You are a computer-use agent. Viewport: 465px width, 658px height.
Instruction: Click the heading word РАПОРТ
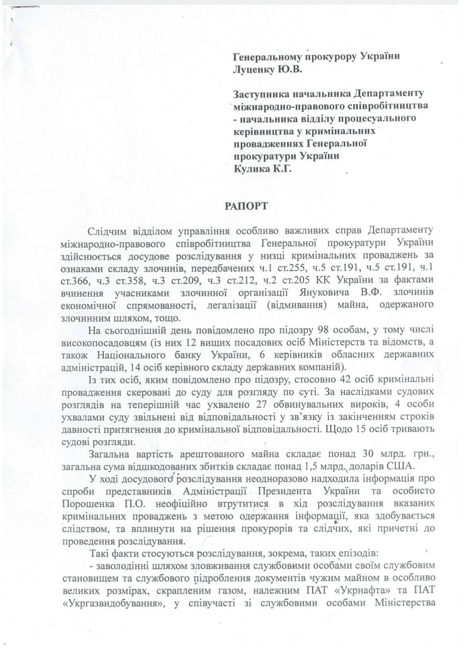[247, 205]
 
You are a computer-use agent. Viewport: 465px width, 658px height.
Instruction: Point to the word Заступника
[260, 94]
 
